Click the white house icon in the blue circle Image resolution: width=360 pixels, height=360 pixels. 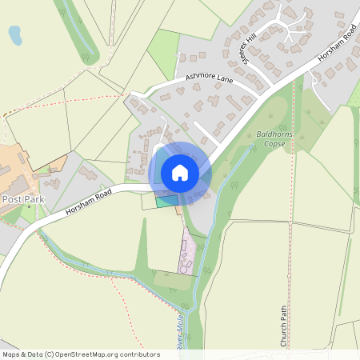(x=180, y=173)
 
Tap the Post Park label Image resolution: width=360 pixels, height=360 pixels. (x=22, y=198)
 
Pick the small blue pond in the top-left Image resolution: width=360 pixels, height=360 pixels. (x=15, y=34)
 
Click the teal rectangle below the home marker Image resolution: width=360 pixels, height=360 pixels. (x=166, y=201)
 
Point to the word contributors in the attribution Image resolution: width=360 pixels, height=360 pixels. (x=140, y=354)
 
